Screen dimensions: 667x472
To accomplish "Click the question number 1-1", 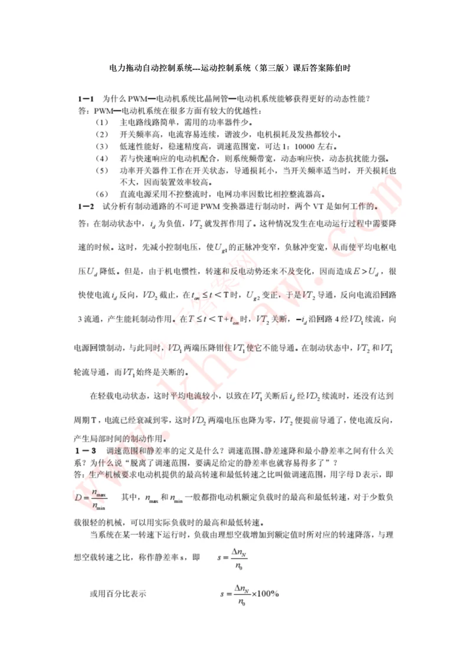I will tap(86, 98).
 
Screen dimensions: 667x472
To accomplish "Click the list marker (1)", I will tap(101, 123).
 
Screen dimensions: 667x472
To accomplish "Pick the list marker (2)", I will tap(101, 134).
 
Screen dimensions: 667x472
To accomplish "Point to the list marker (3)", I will tap(101, 146).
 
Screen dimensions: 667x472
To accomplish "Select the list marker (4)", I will tap(101, 159).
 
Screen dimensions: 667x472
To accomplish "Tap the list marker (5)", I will tap(101, 170).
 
